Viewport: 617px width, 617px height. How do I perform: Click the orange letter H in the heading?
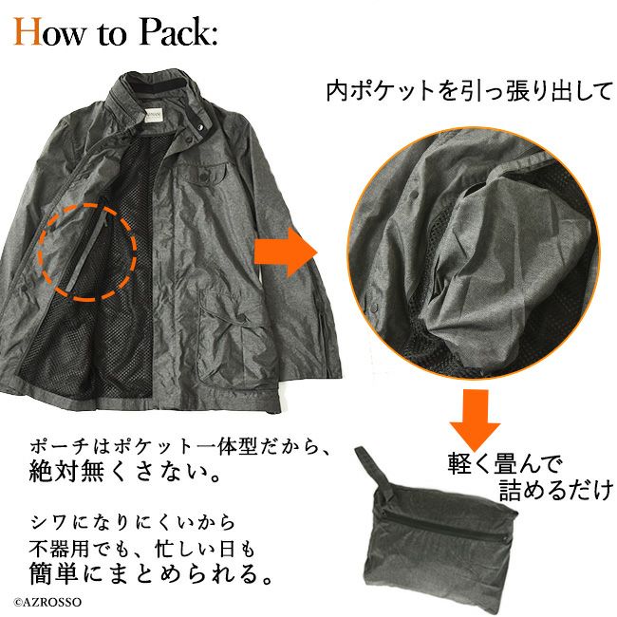click(28, 31)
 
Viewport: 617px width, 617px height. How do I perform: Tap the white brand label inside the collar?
click(152, 114)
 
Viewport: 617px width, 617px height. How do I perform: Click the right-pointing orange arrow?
click(286, 252)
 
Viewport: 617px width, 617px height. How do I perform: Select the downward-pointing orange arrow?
click(475, 418)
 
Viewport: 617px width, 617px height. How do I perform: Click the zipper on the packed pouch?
click(444, 516)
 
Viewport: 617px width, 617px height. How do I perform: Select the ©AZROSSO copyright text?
click(47, 602)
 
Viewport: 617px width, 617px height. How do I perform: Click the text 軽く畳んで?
click(505, 464)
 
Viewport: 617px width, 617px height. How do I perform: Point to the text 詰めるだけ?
click(556, 490)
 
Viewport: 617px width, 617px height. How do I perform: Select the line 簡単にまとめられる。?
click(151, 574)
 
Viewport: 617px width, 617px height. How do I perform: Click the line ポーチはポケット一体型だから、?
click(179, 446)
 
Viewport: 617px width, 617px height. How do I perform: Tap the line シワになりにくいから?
click(133, 523)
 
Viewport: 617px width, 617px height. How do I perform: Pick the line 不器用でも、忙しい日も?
click(142, 549)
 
